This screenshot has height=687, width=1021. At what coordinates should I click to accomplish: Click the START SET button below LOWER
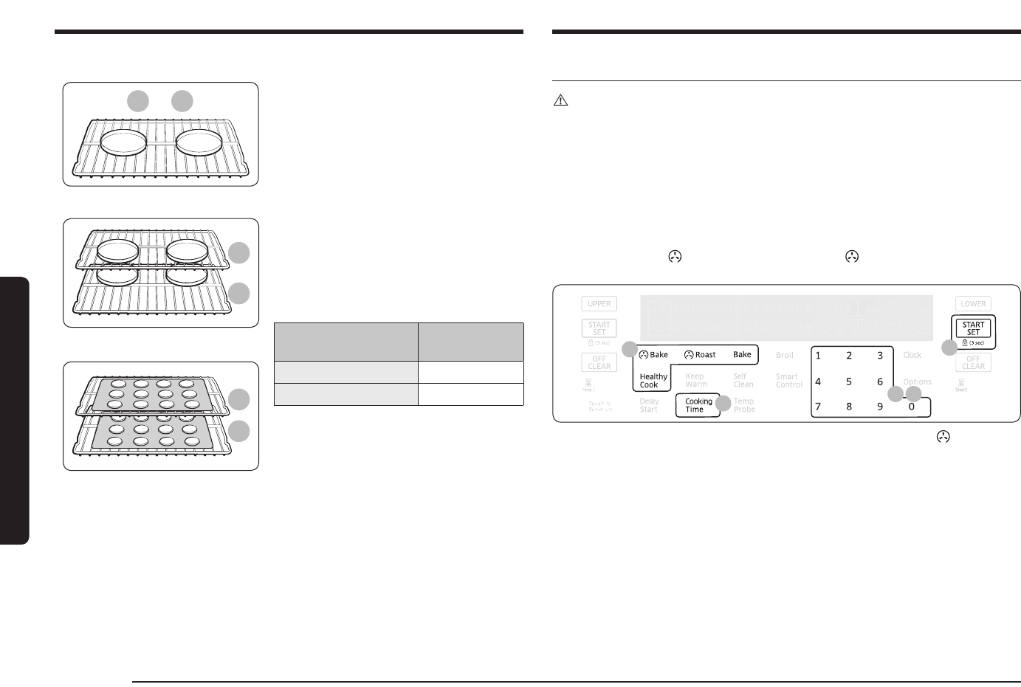[x=973, y=328]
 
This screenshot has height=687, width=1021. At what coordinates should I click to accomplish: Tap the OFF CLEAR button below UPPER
[x=599, y=362]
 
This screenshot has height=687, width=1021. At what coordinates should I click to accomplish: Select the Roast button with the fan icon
[x=700, y=355]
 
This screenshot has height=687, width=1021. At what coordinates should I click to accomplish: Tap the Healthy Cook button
[x=653, y=380]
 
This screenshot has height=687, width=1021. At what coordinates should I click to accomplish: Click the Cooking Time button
[x=698, y=405]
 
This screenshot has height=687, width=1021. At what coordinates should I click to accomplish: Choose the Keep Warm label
[x=695, y=380]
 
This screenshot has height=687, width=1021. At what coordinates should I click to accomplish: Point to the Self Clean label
[x=743, y=380]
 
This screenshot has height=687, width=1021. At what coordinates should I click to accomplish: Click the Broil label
[x=784, y=355]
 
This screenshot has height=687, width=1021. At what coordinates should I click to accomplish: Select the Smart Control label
[x=788, y=380]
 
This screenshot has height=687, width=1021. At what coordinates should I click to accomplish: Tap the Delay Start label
[x=649, y=405]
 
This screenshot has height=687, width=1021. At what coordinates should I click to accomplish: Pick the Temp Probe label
[x=744, y=405]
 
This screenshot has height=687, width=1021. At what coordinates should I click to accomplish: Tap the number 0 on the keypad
[x=911, y=407]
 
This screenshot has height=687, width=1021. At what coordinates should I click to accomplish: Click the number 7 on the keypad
[x=818, y=407]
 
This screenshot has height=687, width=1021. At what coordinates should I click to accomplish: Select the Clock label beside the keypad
[x=912, y=355]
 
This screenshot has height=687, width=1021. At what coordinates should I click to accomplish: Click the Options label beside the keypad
[x=918, y=382]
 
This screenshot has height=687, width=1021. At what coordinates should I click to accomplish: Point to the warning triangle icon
[x=560, y=102]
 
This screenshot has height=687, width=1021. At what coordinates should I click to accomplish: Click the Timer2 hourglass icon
[x=961, y=383]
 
